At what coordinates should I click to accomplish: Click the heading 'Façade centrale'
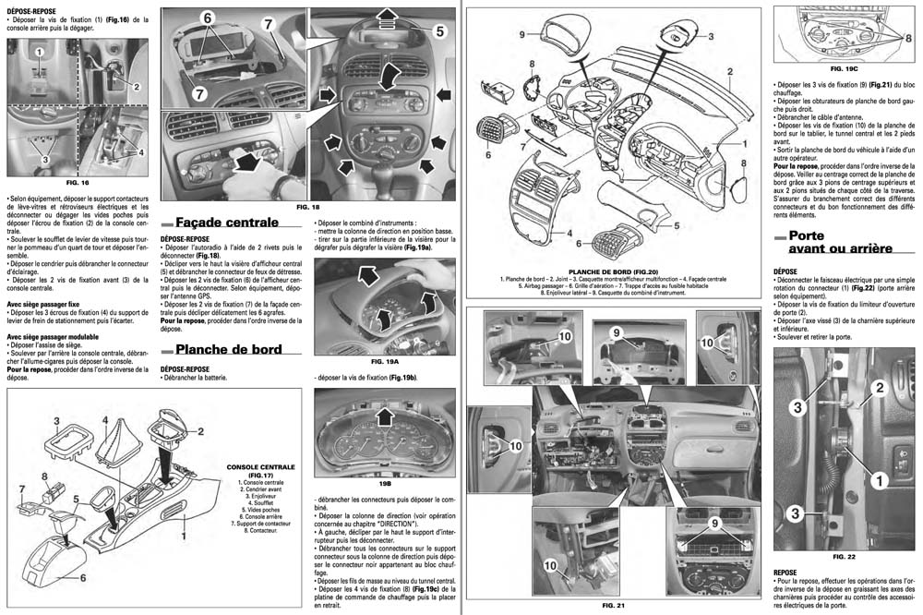click(226, 223)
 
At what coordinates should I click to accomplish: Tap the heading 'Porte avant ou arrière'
click(840, 242)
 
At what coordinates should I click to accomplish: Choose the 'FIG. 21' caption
click(614, 605)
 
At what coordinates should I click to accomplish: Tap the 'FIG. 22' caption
click(845, 558)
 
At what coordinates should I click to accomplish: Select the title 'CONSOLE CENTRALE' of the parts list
click(261, 467)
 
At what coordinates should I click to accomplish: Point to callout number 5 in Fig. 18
click(439, 31)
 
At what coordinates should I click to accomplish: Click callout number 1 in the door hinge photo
click(880, 479)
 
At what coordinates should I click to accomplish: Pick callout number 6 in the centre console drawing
click(83, 577)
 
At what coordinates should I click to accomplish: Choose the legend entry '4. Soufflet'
click(261, 503)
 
